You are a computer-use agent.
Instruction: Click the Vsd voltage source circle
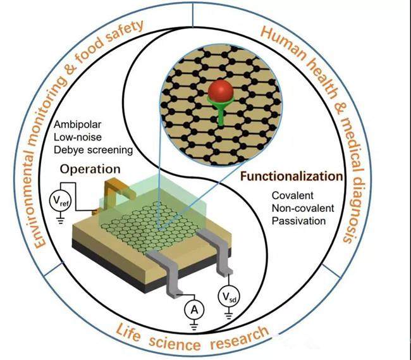pos(229,297)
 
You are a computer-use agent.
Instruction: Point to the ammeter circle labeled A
pos(194,310)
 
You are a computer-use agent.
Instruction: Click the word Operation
pos(90,170)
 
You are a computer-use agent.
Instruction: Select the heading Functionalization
pos(291,176)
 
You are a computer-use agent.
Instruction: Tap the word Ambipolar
pos(77,125)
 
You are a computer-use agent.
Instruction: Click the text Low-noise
pos(78,137)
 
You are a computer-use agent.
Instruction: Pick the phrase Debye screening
pos(94,150)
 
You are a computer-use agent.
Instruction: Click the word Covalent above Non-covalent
pos(293,196)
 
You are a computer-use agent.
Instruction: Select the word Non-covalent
pos(303,208)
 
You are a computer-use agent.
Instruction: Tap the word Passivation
pos(298,221)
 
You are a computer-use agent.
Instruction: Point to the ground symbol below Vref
pos(61,220)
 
